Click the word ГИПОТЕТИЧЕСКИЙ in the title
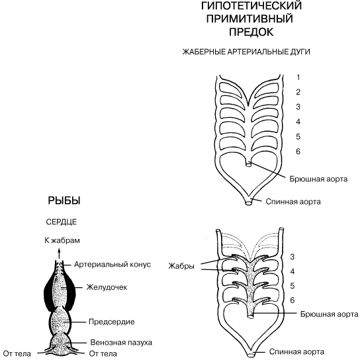(251, 5)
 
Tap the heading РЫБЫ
(64, 201)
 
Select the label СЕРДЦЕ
(62, 222)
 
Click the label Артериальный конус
(112, 264)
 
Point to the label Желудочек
(107, 287)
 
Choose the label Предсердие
(112, 322)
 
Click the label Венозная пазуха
(121, 342)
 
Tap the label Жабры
(181, 266)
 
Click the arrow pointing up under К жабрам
(59, 253)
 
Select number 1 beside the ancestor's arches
(298, 77)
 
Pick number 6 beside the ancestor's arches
(298, 152)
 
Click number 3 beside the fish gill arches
(292, 257)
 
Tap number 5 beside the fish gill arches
(292, 286)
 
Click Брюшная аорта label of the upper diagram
(318, 179)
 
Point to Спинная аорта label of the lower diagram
(296, 351)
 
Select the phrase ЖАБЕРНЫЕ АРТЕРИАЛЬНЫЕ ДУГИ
(246, 52)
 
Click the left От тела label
(17, 354)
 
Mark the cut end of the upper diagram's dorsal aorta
(249, 203)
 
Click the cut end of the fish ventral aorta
(250, 316)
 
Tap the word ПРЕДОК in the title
(251, 32)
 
